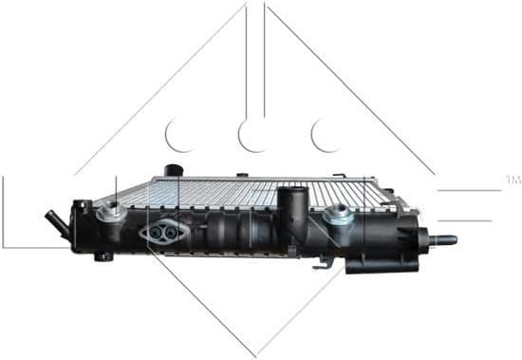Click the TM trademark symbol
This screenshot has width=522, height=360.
[513, 179]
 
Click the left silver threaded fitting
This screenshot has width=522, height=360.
[112, 211]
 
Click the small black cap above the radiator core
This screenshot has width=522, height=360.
[172, 172]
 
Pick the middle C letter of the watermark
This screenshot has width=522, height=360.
[253, 135]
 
